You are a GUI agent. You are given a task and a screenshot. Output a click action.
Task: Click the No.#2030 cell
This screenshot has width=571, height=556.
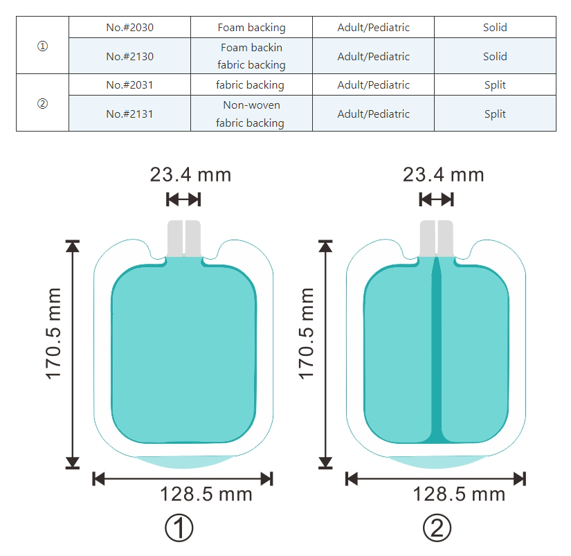point(129,27)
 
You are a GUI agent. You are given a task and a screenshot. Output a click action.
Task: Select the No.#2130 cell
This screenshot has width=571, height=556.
point(129,56)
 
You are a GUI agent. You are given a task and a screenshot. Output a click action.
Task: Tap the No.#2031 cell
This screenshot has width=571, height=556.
point(129,85)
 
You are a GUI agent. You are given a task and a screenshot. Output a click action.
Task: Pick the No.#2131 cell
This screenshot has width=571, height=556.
point(129,114)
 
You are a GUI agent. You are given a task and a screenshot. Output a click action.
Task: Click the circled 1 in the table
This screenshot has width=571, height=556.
point(43,46)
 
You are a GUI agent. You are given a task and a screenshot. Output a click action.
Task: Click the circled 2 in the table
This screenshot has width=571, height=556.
point(43,104)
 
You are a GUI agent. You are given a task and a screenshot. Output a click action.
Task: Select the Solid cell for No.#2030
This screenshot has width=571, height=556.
point(495,27)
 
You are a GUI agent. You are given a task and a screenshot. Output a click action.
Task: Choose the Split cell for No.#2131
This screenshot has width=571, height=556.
point(495,114)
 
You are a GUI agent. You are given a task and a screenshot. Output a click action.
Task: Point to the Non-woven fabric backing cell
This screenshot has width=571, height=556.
point(251,114)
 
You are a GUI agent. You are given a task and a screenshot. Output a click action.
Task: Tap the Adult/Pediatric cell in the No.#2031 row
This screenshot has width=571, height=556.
point(373,85)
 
